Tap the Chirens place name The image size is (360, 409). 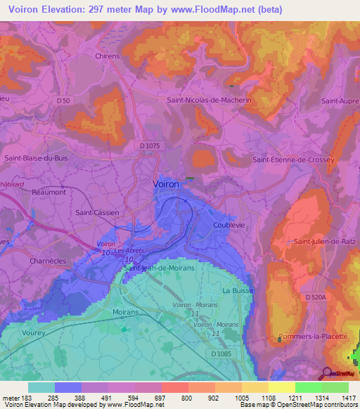click(x=108, y=56)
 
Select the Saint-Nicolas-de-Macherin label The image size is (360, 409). click(x=209, y=100)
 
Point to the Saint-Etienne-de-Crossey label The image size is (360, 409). click(x=293, y=160)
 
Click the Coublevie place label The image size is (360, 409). click(x=228, y=225)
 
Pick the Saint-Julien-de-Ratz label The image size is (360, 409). click(x=325, y=241)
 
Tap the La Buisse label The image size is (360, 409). click(x=237, y=290)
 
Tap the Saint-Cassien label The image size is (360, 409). click(x=97, y=212)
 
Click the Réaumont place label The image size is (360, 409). click(x=49, y=191)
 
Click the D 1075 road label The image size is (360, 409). click(x=150, y=145)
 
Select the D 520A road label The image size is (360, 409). click(x=317, y=298)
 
